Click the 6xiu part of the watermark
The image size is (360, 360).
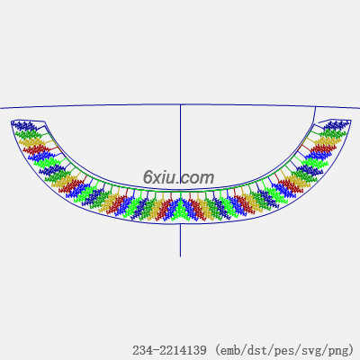coord(160,177)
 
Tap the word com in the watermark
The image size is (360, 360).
coord(197,178)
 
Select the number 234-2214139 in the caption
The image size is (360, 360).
coord(169,350)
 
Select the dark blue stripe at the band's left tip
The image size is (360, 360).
coord(24,125)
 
